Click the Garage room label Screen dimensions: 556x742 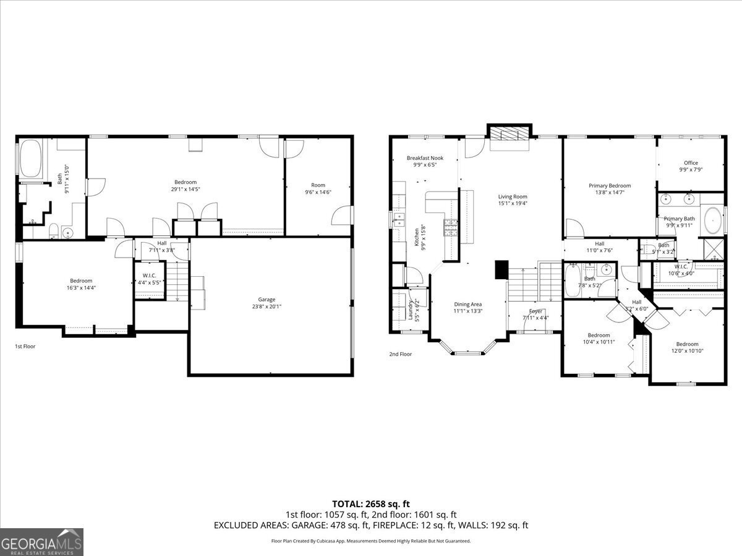267,300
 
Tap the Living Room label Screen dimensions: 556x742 513,197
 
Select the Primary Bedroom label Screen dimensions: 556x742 610,185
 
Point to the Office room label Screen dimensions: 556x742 691,163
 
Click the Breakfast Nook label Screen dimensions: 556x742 425,158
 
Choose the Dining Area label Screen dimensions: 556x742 467,304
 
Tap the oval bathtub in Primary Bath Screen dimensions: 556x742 712,220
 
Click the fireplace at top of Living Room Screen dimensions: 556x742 510,135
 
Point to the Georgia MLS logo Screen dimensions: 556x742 41,542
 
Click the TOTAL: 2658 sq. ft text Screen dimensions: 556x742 371,504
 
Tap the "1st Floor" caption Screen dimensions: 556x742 25,347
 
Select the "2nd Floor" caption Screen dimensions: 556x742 400,354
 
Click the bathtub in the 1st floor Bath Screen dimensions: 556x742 31,159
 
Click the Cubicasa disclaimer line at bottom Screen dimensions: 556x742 371,541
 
